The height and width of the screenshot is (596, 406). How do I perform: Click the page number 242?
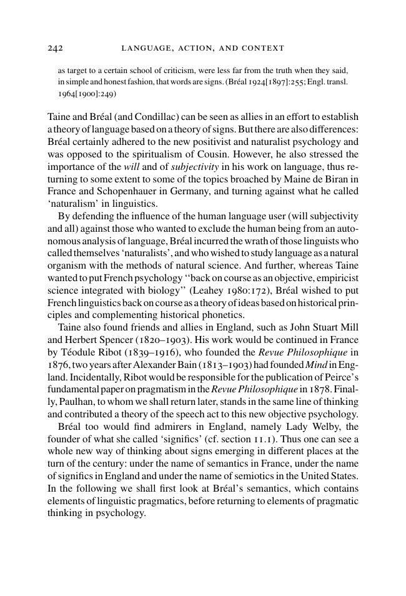[x=56, y=48]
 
